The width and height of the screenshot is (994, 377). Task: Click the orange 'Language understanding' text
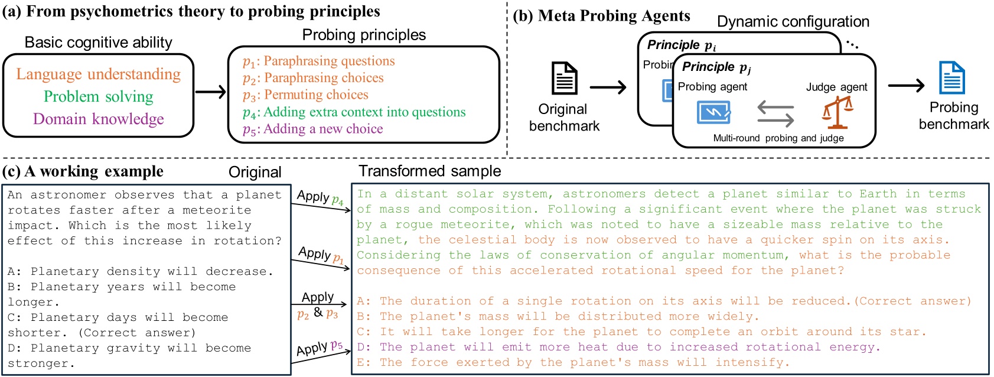click(x=98, y=74)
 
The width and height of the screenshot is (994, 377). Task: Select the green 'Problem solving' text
click(x=98, y=97)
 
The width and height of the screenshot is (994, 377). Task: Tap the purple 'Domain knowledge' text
click(x=98, y=119)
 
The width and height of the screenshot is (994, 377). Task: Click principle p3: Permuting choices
click(x=305, y=95)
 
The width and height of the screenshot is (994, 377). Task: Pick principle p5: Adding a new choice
click(x=312, y=129)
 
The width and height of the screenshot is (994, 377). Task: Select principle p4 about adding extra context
click(x=354, y=112)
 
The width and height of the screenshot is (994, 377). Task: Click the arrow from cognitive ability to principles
click(x=210, y=92)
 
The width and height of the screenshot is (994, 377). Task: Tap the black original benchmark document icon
click(x=564, y=78)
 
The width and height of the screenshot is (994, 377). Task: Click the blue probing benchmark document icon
click(x=951, y=78)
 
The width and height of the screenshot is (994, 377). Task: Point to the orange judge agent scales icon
click(x=837, y=112)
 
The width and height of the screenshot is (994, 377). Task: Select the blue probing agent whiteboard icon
click(x=713, y=112)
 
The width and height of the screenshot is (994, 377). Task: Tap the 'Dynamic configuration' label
click(x=793, y=22)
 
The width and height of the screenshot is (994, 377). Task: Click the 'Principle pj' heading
click(x=716, y=67)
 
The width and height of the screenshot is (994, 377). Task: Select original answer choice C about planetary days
click(x=118, y=325)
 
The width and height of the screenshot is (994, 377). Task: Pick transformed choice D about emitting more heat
click(x=618, y=347)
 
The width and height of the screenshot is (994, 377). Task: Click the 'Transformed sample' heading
click(x=429, y=171)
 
